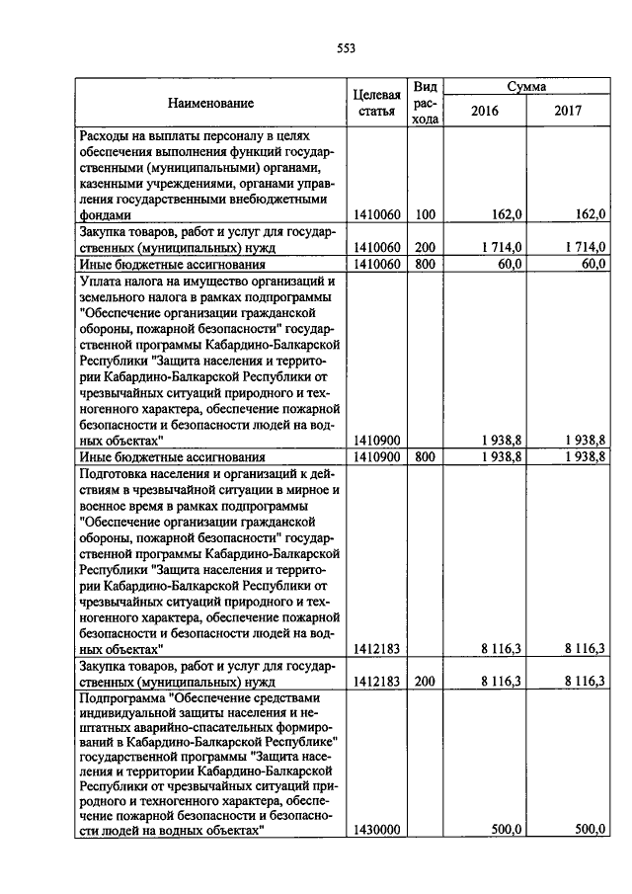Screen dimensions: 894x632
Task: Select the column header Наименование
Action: (209, 104)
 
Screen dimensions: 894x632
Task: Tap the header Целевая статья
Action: (376, 104)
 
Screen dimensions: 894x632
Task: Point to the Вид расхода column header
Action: (425, 104)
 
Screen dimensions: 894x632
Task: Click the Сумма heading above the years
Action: (527, 87)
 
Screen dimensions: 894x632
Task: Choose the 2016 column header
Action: (484, 112)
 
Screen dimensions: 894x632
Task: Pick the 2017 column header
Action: (568, 112)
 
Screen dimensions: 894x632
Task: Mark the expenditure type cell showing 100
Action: (425, 214)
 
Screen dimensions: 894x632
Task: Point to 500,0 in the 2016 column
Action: (508, 831)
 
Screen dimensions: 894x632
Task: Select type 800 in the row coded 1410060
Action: (425, 264)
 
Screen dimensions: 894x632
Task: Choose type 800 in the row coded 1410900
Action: (425, 456)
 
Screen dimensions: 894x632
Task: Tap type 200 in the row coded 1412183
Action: (425, 682)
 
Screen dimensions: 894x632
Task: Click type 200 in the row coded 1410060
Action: (425, 247)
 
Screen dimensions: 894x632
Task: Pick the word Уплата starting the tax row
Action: (99, 281)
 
